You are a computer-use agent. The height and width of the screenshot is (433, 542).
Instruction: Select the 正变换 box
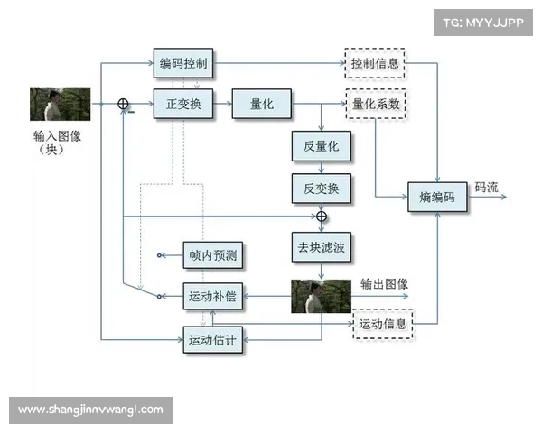tap(183, 105)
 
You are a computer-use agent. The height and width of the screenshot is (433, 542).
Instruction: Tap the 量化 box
tap(262, 105)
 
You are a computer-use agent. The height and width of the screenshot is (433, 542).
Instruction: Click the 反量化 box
tap(321, 146)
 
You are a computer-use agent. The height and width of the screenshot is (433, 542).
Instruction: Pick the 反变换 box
tap(321, 189)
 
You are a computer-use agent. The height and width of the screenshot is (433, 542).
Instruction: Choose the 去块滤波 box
tap(321, 245)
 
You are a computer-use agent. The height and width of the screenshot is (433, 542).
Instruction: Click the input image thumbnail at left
tap(60, 104)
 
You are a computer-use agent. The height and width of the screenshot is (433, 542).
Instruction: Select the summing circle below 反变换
tap(321, 217)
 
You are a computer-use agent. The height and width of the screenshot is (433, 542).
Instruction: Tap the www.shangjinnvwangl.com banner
tap(90, 410)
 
